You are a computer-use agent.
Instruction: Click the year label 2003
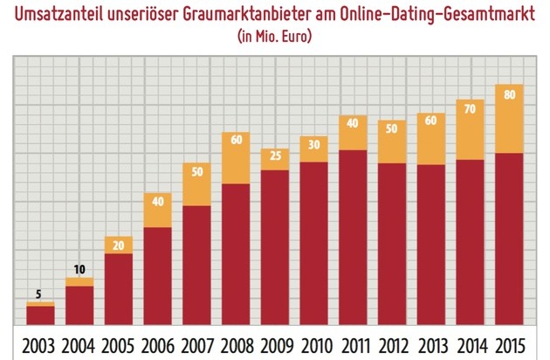(x=40, y=343)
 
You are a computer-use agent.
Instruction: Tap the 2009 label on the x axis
(x=276, y=343)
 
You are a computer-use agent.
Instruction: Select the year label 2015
(x=511, y=343)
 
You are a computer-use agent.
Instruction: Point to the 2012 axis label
(x=394, y=343)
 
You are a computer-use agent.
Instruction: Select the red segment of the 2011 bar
(x=354, y=236)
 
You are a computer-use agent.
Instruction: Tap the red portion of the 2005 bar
(x=119, y=288)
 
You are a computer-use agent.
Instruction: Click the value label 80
(x=511, y=97)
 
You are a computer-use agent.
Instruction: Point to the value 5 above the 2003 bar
(x=40, y=294)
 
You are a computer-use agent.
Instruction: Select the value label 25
(x=276, y=156)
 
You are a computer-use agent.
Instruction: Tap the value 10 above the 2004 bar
(x=79, y=269)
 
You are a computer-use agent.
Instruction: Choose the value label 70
(x=471, y=109)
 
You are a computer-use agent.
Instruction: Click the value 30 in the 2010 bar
(x=314, y=144)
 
